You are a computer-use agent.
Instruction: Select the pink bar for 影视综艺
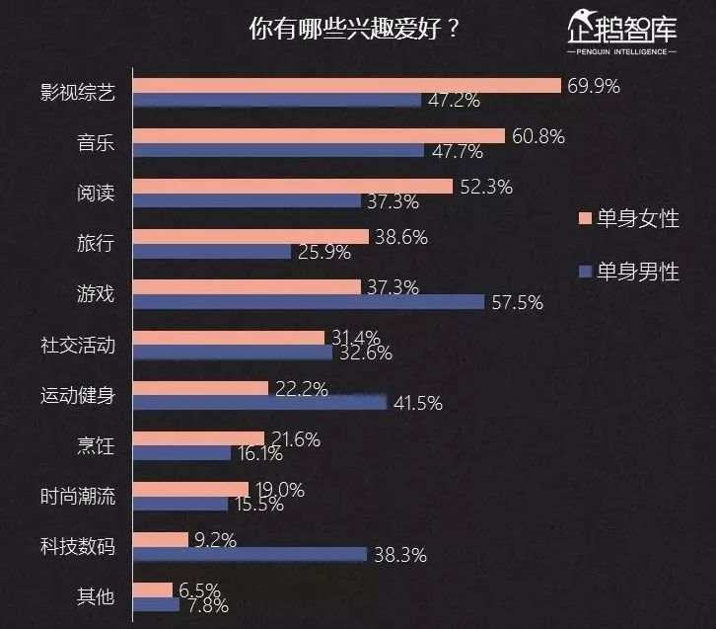tap(345, 86)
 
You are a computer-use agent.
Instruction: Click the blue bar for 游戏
tap(308, 301)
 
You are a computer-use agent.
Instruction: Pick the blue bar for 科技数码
tap(250, 554)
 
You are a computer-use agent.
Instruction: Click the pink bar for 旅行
tap(250, 237)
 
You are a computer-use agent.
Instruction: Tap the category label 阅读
tap(96, 193)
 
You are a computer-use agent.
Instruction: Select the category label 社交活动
tap(78, 345)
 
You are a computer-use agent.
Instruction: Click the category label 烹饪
tap(96, 446)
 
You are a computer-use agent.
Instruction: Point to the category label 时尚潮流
tap(78, 496)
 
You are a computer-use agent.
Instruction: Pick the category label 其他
tap(96, 596)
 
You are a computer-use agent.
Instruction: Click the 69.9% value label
tap(593, 87)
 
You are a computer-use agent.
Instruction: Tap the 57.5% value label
tap(516, 302)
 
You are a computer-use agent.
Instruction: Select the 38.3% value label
tap(399, 555)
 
